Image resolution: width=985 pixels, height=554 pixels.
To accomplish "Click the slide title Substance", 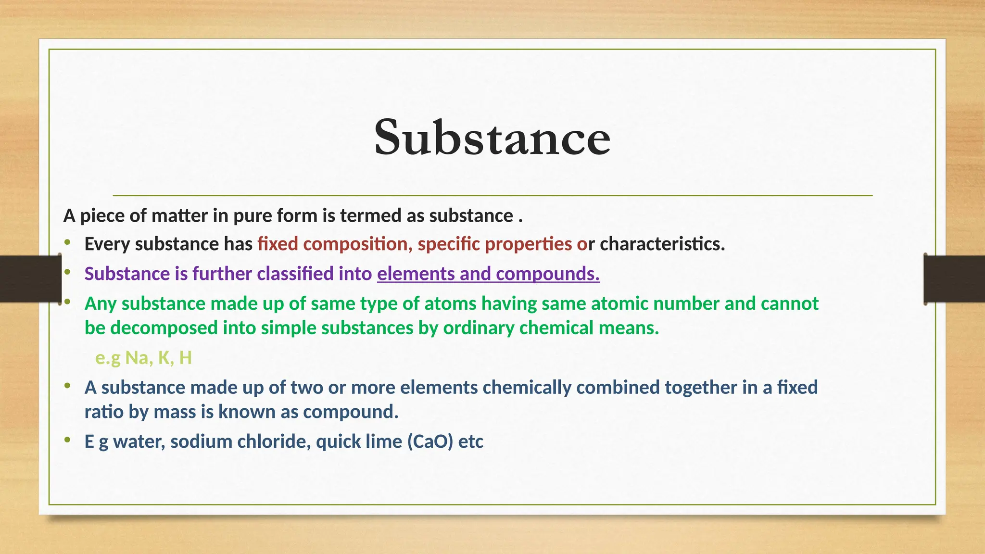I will click(x=492, y=138).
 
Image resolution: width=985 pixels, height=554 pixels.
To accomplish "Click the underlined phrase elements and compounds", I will click(x=488, y=274).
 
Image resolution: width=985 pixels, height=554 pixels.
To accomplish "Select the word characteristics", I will click(x=662, y=244).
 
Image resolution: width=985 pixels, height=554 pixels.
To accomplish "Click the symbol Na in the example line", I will click(x=137, y=358).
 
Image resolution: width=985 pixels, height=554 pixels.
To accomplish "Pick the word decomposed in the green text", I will click(x=164, y=328).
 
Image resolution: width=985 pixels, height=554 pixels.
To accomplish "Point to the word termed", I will click(x=370, y=215).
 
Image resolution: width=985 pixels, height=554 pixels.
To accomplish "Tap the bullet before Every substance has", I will click(x=67, y=243).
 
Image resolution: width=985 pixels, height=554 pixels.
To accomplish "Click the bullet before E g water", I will click(x=67, y=440).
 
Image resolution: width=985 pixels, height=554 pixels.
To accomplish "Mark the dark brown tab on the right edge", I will click(x=954, y=279).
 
